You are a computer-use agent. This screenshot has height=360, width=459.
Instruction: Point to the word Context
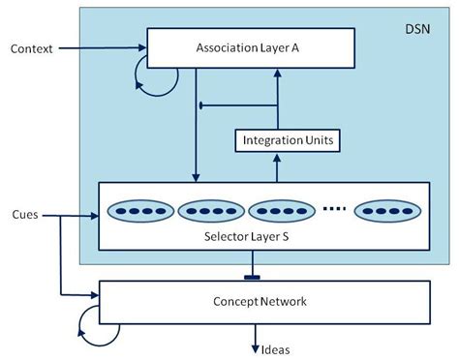tap(32, 46)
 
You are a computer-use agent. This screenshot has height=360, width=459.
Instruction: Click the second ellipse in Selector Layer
tap(209, 210)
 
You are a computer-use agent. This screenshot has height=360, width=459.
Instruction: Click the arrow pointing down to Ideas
tap(255, 334)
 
